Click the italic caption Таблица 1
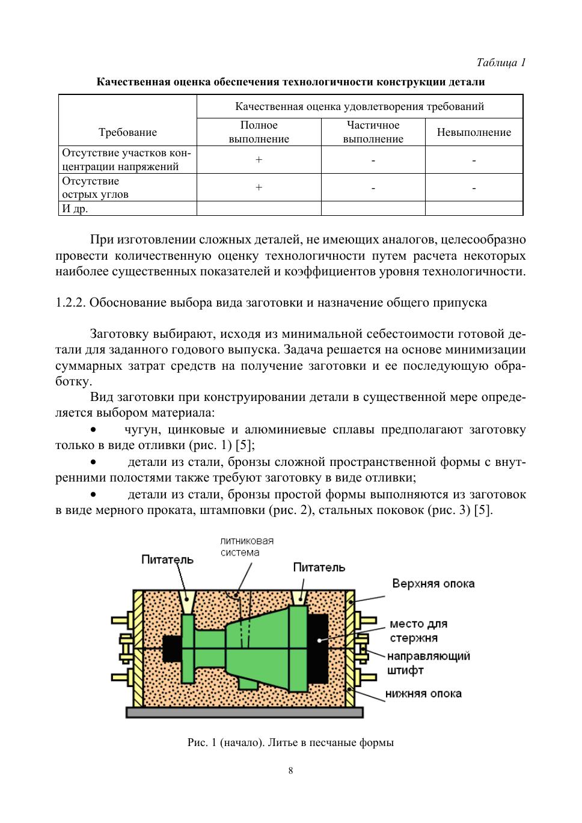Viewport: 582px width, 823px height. [501, 63]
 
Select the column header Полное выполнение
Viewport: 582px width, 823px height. [259, 132]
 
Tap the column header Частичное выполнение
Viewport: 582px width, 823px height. [373, 132]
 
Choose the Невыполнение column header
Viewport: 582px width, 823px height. [474, 132]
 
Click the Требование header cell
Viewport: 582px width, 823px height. [127, 132]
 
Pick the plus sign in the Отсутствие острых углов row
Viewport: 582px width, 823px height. [259, 188]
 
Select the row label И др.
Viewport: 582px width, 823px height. [75, 209]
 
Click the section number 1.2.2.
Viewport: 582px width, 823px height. [70, 302]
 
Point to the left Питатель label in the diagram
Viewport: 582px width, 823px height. [167, 560]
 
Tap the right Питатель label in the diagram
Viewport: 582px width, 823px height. [319, 567]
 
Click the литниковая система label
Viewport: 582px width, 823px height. [247, 546]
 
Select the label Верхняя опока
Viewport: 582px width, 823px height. [433, 583]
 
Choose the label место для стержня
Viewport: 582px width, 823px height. [418, 631]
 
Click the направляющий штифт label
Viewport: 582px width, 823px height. [428, 662]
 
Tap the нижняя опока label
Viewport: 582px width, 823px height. [423, 694]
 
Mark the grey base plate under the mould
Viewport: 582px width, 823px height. [244, 712]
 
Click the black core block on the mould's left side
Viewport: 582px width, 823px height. [171, 649]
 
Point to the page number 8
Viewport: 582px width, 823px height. [290, 771]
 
